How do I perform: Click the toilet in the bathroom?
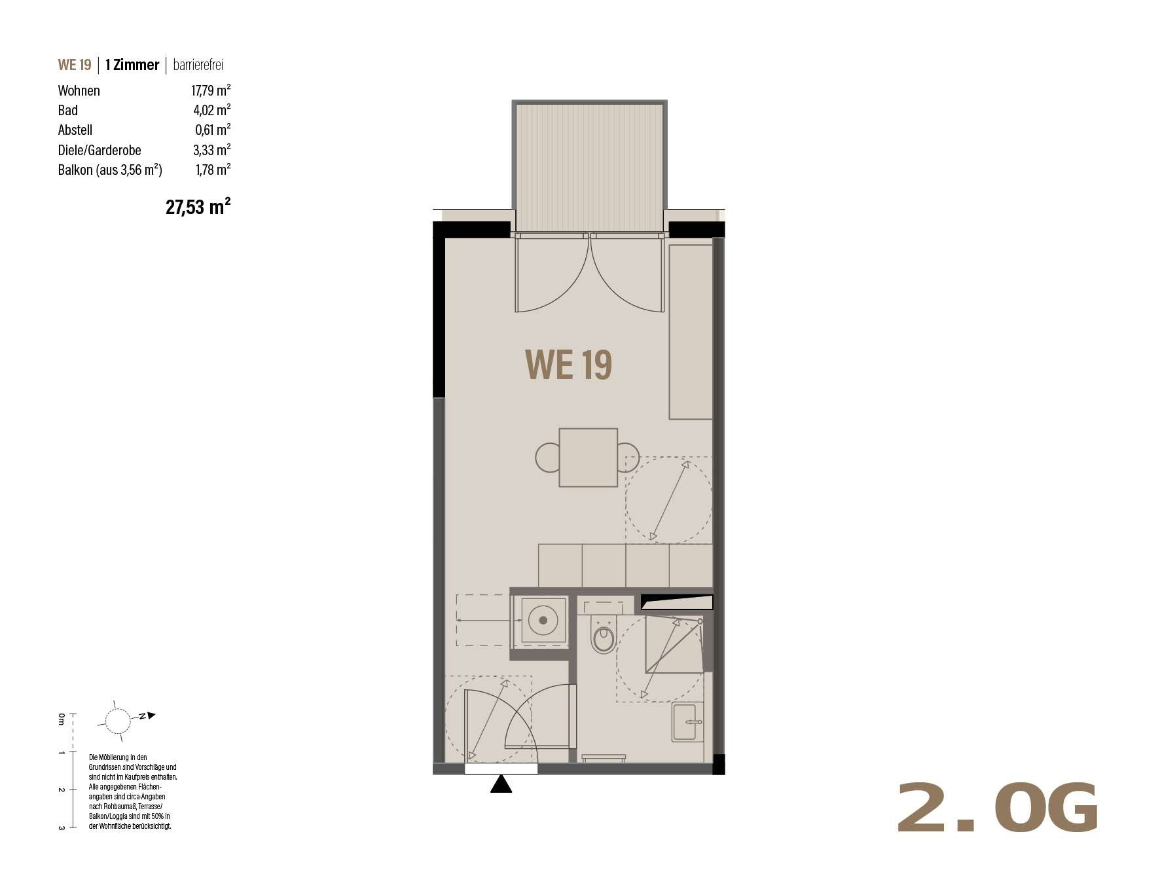coord(603,634)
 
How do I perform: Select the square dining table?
coord(588,458)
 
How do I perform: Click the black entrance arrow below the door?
coord(501,784)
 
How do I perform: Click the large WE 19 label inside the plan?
coord(568,365)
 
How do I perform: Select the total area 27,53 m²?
coord(198,208)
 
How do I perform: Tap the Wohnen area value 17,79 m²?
coord(211,90)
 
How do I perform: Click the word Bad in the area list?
coord(67,111)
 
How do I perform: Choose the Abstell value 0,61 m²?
coord(213,130)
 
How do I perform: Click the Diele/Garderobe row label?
coord(100,151)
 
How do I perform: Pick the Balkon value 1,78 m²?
coord(213,170)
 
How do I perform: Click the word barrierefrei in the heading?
coord(198,65)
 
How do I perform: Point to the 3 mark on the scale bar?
coord(61,827)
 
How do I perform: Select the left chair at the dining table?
coord(548,458)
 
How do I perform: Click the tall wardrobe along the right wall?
coord(691,332)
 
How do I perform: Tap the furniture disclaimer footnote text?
coord(133,791)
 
